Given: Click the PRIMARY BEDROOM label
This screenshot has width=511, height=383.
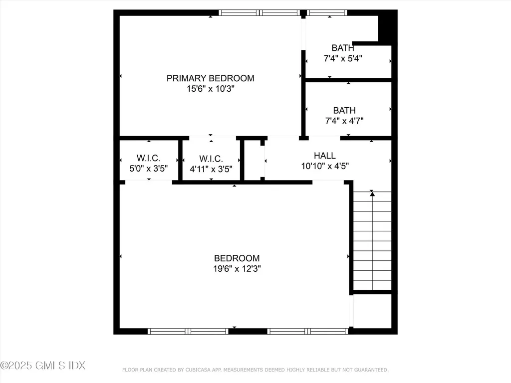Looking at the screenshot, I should click(210, 78).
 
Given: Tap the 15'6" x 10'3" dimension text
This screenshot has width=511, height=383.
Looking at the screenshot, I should click(210, 89).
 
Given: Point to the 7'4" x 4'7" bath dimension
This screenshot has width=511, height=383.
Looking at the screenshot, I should click(344, 121).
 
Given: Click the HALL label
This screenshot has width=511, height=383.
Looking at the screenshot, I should click(325, 156).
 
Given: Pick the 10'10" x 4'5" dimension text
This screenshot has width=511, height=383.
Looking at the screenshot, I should click(325, 166).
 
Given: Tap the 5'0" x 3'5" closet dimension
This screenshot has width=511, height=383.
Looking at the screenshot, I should click(148, 169).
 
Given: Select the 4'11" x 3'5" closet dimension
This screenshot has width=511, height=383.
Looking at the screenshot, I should click(211, 169).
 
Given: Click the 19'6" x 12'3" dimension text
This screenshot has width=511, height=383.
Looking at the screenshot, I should click(237, 269).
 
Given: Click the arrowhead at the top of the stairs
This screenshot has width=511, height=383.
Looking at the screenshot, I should click(372, 193).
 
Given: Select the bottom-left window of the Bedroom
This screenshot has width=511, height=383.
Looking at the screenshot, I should click(188, 331).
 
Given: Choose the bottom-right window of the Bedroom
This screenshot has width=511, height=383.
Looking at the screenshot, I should click(307, 331).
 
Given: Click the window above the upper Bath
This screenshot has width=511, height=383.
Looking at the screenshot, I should click(327, 13).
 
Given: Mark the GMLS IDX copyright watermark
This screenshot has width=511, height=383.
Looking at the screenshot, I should click(43, 366).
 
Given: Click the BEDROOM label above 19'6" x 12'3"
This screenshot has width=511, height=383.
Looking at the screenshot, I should click(237, 258).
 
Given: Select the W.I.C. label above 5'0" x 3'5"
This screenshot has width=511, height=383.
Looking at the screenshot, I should click(148, 159).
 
